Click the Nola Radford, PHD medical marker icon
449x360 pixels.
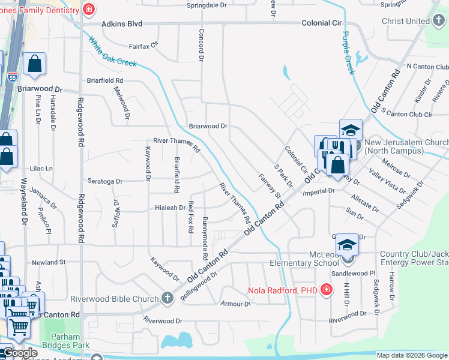click(x=326, y=291)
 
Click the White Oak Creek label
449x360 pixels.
click(x=113, y=52)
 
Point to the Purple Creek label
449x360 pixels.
click(x=349, y=53)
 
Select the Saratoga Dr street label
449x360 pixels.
click(x=105, y=181)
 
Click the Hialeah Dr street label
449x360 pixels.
click(x=170, y=208)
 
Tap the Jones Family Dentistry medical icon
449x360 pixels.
click(x=89, y=10)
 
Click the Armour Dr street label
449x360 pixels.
click(x=235, y=304)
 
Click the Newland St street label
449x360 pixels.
click(x=49, y=262)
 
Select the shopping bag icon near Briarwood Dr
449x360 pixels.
click(x=35, y=64)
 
